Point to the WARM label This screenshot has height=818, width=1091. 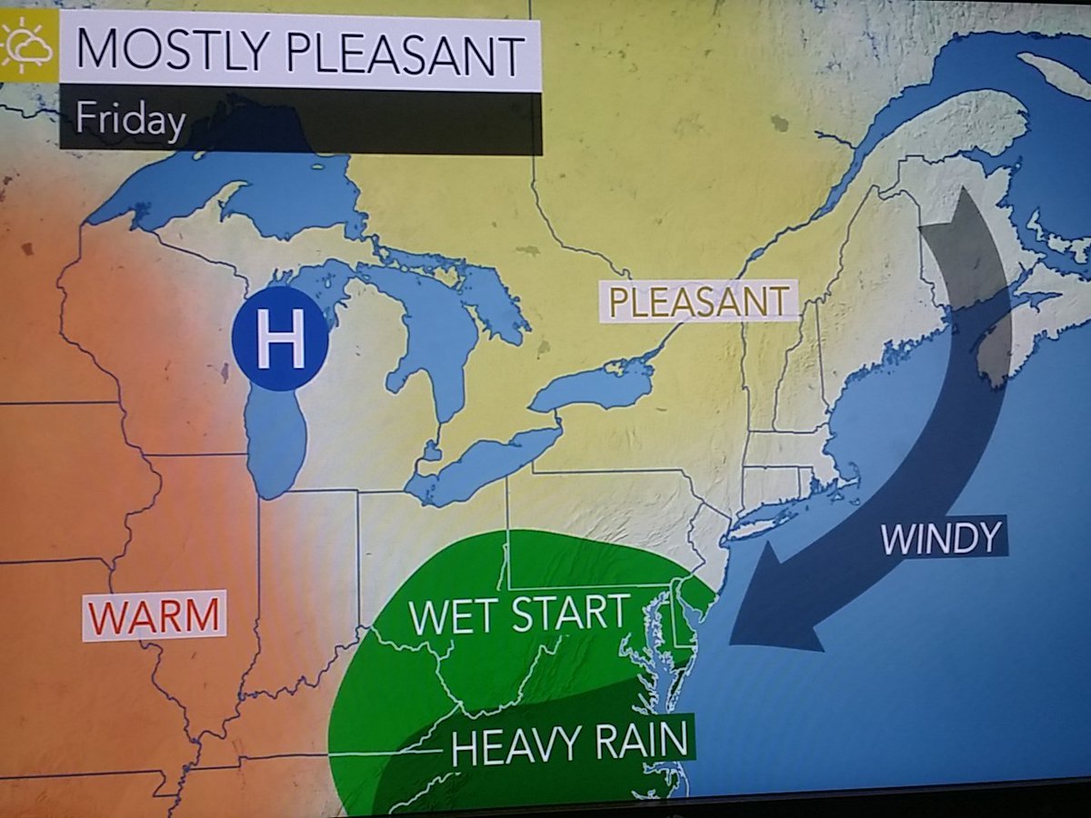[x=154, y=617]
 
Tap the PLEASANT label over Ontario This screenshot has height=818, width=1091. [x=697, y=301]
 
